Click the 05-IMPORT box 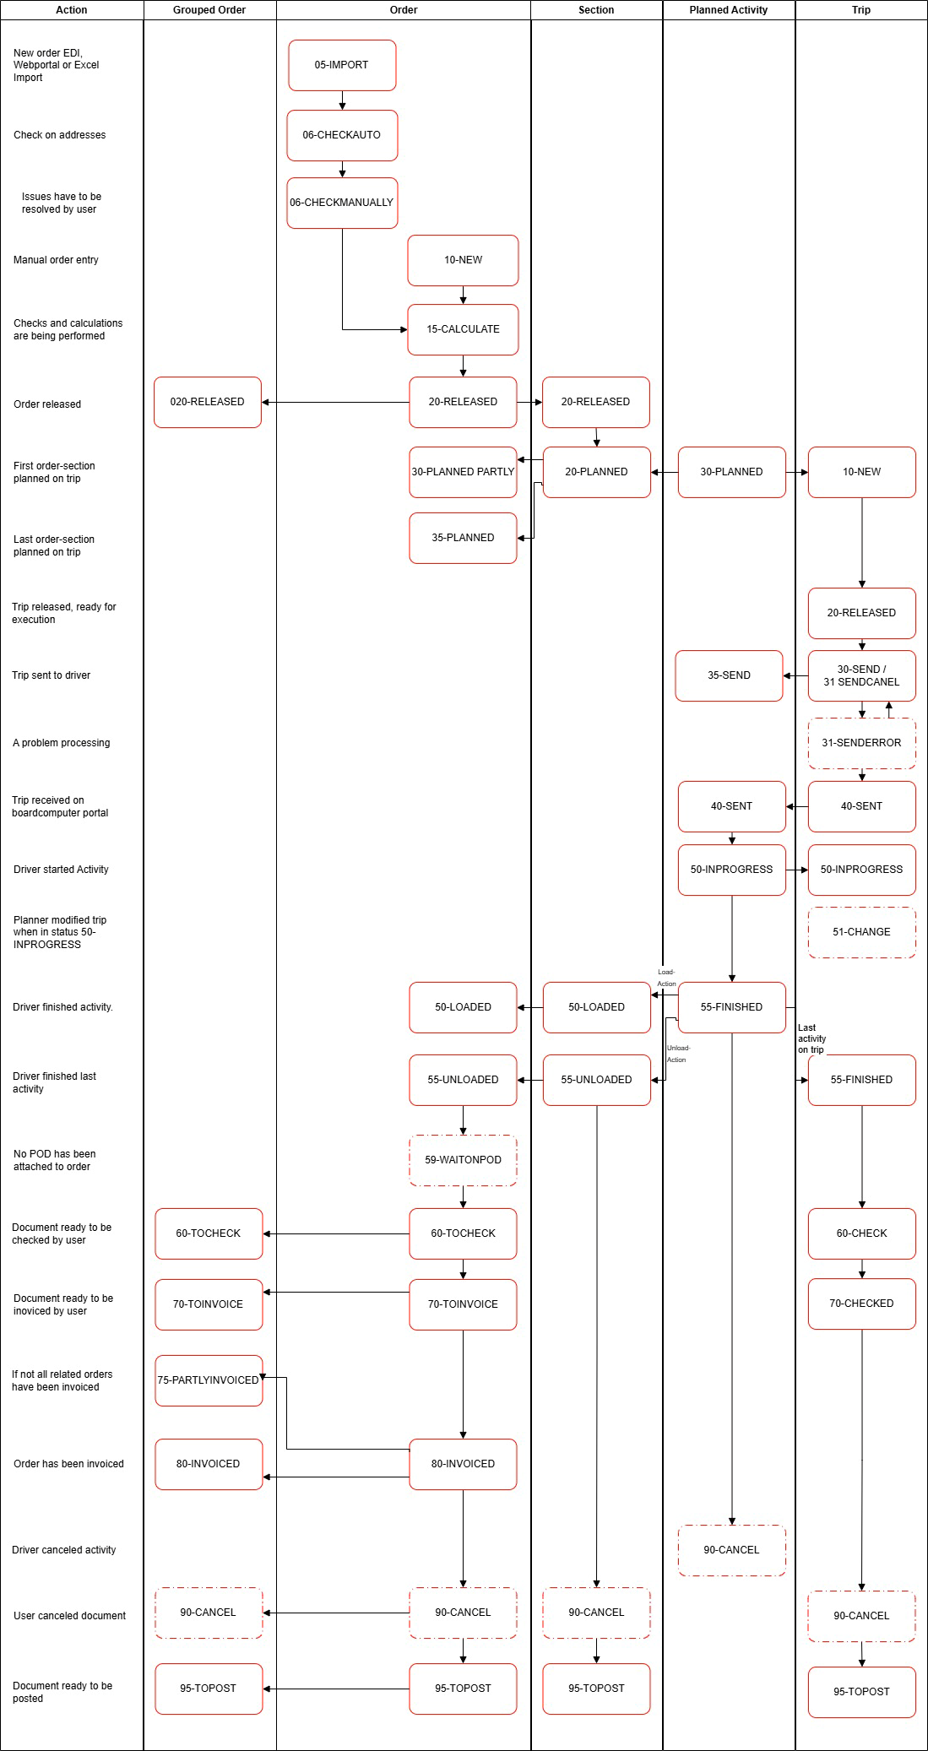(342, 65)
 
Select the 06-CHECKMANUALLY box (342, 203)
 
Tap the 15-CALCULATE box (463, 329)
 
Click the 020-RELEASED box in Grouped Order (208, 402)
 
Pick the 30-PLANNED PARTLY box (463, 472)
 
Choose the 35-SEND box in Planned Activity (729, 675)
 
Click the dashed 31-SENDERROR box (861, 743)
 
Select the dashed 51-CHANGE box (861, 932)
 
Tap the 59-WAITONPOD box (463, 1160)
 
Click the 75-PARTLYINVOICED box (209, 1380)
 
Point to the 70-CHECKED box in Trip (861, 1304)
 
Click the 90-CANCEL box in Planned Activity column (731, 1550)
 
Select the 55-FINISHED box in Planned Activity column (731, 1007)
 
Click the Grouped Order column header (209, 10)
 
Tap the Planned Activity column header (728, 10)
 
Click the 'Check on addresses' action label (60, 135)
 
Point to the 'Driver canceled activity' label (64, 1550)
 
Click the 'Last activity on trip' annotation (811, 1038)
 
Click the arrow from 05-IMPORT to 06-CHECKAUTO (342, 100)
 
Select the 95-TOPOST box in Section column (596, 1689)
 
